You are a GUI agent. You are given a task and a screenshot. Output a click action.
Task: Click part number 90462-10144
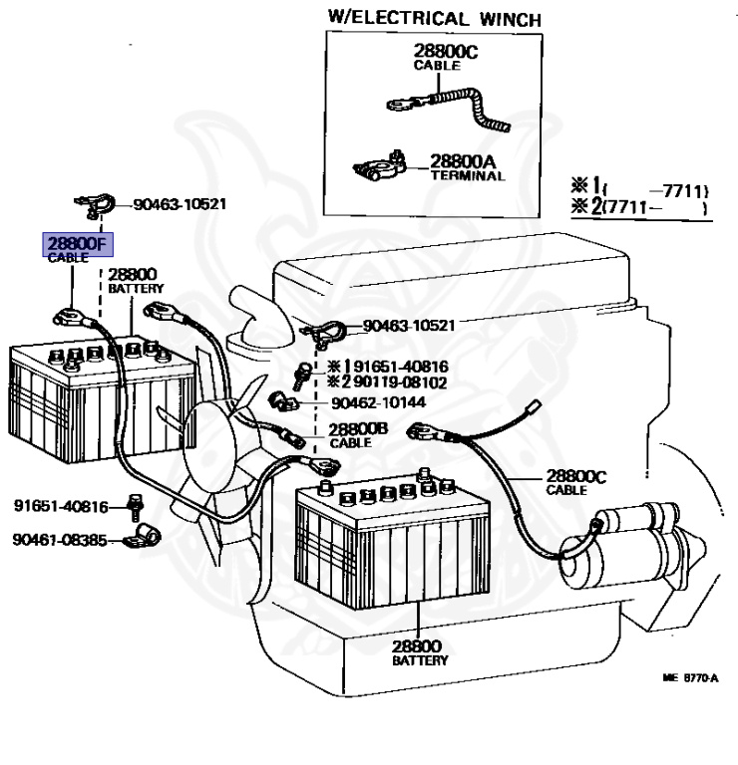[376, 401]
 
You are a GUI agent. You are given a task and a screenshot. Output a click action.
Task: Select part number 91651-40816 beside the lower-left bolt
[60, 506]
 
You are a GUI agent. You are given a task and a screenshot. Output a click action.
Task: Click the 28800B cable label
[358, 430]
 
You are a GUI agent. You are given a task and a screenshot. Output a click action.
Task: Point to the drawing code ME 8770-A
[689, 677]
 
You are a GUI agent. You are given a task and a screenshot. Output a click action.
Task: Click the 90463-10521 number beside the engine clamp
[408, 325]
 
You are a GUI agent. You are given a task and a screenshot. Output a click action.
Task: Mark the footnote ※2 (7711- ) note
[638, 208]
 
